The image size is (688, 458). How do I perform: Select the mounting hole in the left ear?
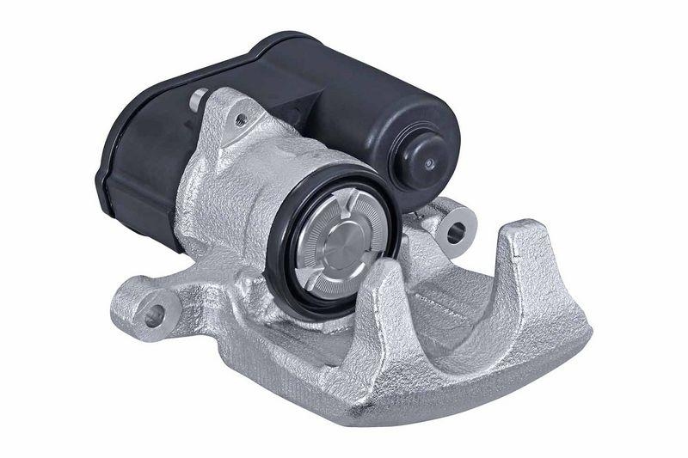(x=154, y=315)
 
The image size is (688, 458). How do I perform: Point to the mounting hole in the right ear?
(x=457, y=230)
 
